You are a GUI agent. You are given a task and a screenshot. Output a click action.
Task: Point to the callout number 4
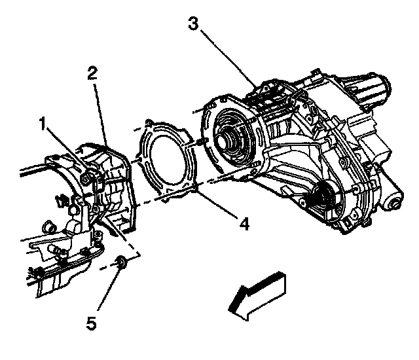click(244, 225)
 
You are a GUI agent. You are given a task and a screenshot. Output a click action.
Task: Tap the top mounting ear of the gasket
click(153, 123)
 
